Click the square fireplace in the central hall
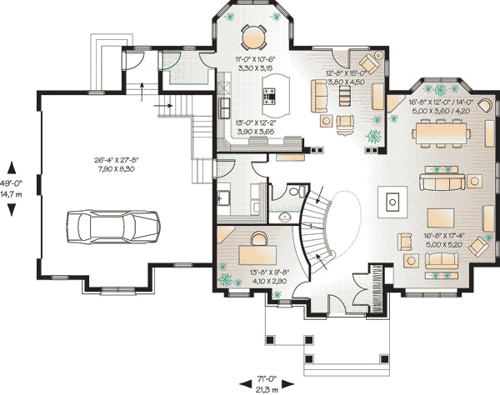click(x=392, y=200)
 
